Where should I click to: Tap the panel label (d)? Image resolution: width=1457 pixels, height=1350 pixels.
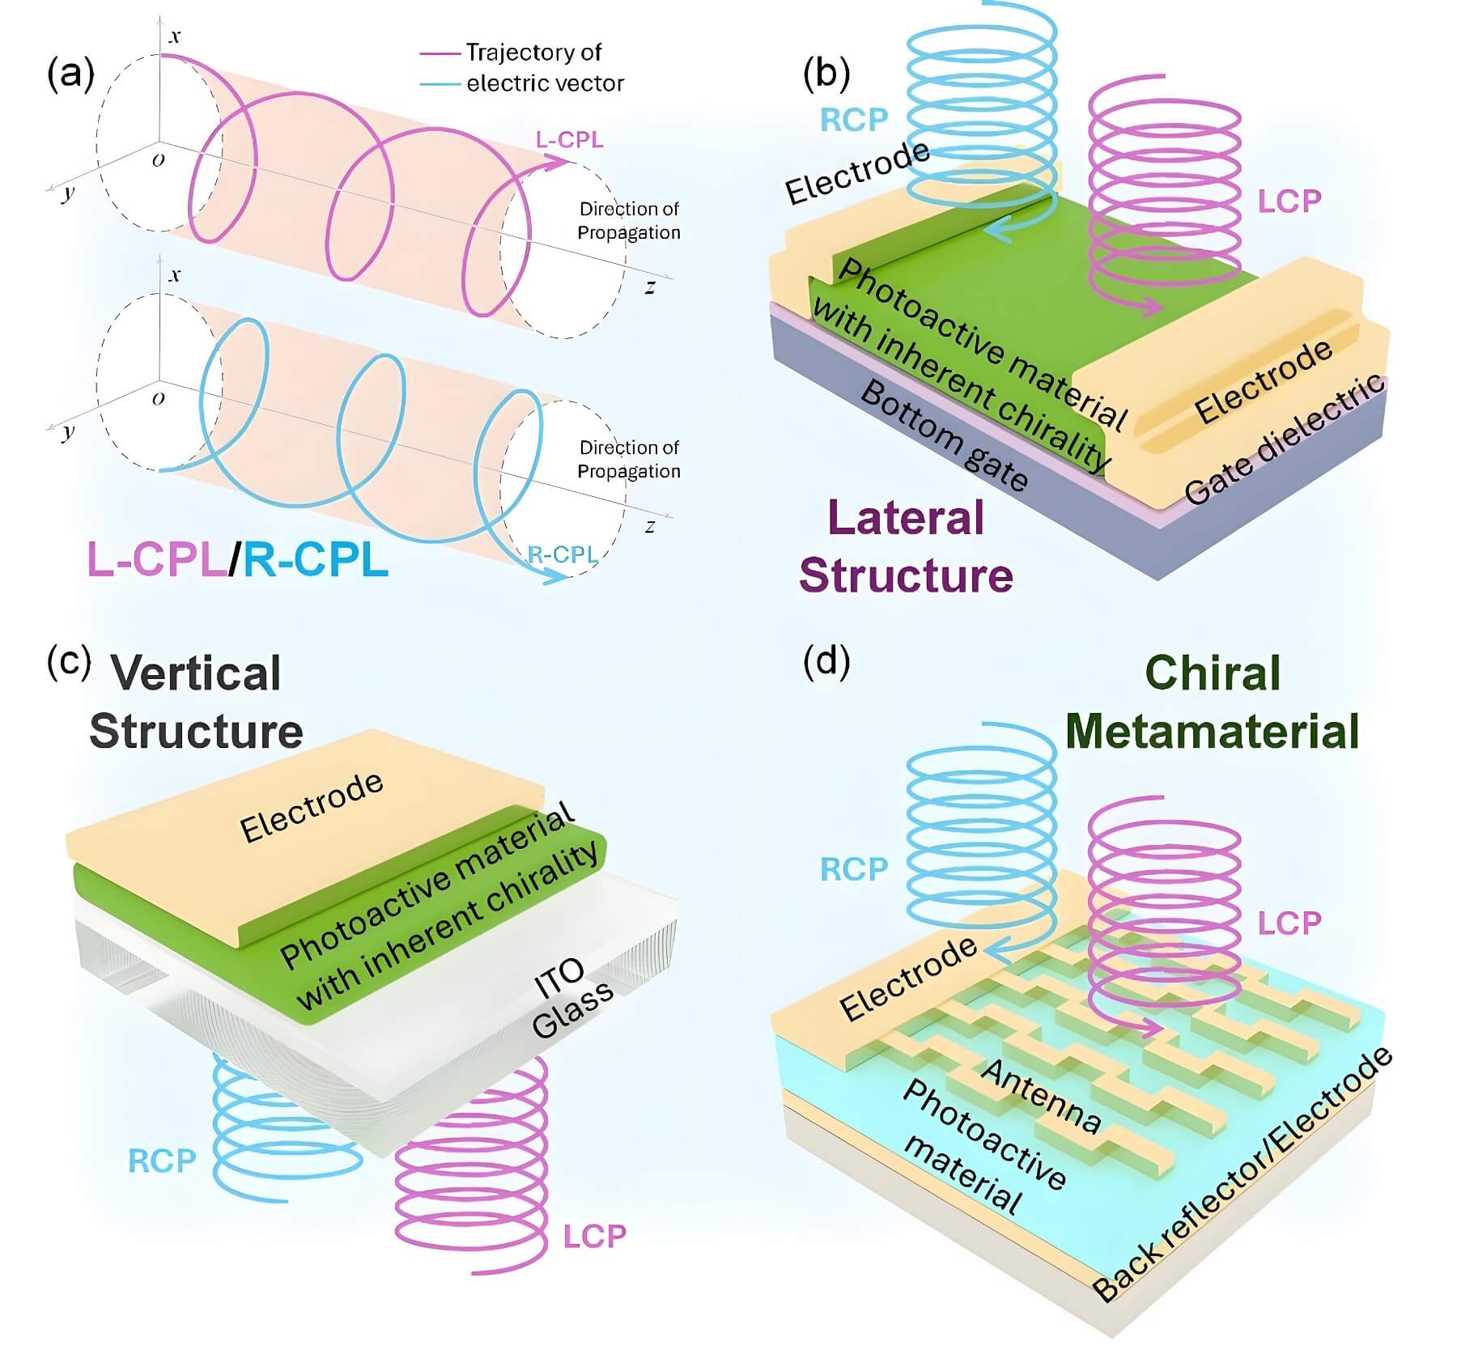tap(826, 661)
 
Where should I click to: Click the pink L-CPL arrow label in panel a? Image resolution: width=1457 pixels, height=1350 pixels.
tap(569, 139)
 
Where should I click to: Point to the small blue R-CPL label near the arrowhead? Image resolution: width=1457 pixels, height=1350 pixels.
tap(562, 554)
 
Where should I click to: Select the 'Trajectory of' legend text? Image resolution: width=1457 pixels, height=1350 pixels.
tap(533, 53)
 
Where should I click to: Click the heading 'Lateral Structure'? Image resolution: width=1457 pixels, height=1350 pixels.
tap(906, 546)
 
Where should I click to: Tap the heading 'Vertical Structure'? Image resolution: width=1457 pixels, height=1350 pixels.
tap(196, 702)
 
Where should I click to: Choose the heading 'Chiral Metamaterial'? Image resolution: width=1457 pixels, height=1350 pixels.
tap(1212, 702)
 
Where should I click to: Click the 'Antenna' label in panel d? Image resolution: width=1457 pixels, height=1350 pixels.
tap(1041, 1096)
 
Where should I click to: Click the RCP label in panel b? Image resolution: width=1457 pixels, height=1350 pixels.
tap(854, 120)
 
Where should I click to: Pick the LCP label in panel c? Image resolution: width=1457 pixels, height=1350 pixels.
tap(595, 1236)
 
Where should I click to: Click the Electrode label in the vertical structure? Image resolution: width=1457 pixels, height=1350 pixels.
tap(312, 806)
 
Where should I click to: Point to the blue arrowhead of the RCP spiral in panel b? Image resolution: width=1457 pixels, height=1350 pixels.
tap(994, 232)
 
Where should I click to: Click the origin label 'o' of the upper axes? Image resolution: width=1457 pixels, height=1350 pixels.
tap(159, 159)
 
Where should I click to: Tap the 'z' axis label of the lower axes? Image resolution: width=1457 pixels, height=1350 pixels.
tap(650, 526)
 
